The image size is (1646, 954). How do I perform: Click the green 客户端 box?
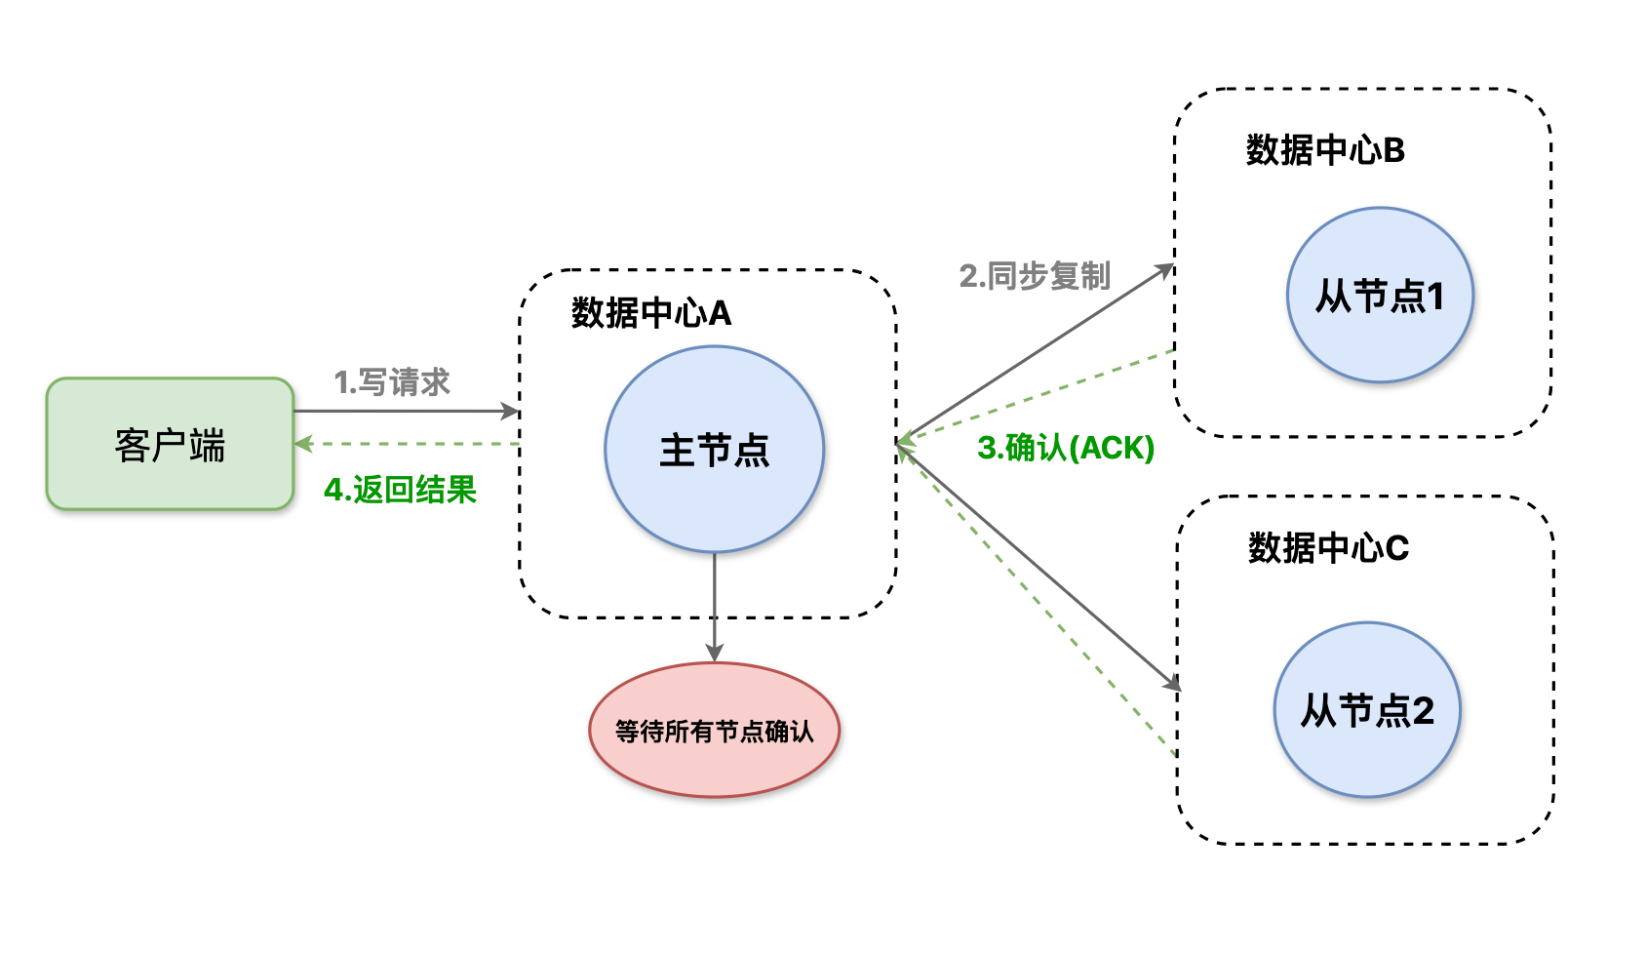point(170,445)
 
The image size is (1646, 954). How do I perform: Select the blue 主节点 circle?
point(714,450)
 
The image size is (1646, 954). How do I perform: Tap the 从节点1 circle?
point(1379,295)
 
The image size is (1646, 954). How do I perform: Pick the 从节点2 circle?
point(1367,710)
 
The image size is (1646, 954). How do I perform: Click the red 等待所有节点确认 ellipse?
point(714,731)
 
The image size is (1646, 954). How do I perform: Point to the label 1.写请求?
point(392,381)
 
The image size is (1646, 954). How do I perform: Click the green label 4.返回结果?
point(400,489)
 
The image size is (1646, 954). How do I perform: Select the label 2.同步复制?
point(1035,276)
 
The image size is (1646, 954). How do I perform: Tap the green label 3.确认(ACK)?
point(1066,448)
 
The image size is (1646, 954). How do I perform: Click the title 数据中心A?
point(650,313)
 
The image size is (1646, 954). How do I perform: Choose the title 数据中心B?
point(1324,150)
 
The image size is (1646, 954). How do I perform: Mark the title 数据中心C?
point(1328,548)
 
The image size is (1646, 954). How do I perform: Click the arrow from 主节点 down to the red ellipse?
point(715,605)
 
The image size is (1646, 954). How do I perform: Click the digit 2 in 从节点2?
point(1423,711)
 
